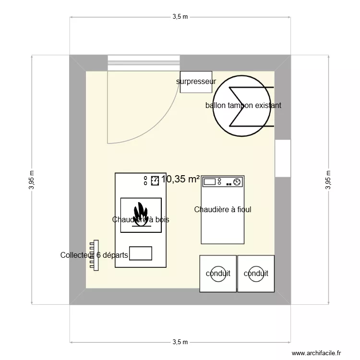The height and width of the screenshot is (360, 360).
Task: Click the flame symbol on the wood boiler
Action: (x=140, y=214)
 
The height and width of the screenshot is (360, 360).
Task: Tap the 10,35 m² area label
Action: (x=180, y=179)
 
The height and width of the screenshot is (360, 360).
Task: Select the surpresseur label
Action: (x=196, y=82)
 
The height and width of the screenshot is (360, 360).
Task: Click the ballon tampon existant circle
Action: (x=240, y=106)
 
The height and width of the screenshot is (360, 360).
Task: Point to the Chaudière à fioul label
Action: (x=223, y=209)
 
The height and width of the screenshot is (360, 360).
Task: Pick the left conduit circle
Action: (x=218, y=274)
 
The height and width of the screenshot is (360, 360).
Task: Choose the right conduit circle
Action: (x=256, y=274)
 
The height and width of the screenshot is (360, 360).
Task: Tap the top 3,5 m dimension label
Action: (x=180, y=17)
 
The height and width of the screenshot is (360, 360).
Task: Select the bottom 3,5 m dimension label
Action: (x=180, y=342)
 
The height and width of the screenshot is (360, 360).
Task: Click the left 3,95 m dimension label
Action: (x=32, y=180)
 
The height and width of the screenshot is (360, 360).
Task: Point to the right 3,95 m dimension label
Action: (x=328, y=180)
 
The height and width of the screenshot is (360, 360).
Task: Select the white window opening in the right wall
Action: (x=283, y=158)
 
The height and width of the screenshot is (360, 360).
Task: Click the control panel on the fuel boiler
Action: (x=223, y=181)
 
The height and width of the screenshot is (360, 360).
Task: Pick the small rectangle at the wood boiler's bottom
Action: (x=141, y=253)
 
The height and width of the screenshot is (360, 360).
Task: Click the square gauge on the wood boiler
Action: (x=155, y=180)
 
